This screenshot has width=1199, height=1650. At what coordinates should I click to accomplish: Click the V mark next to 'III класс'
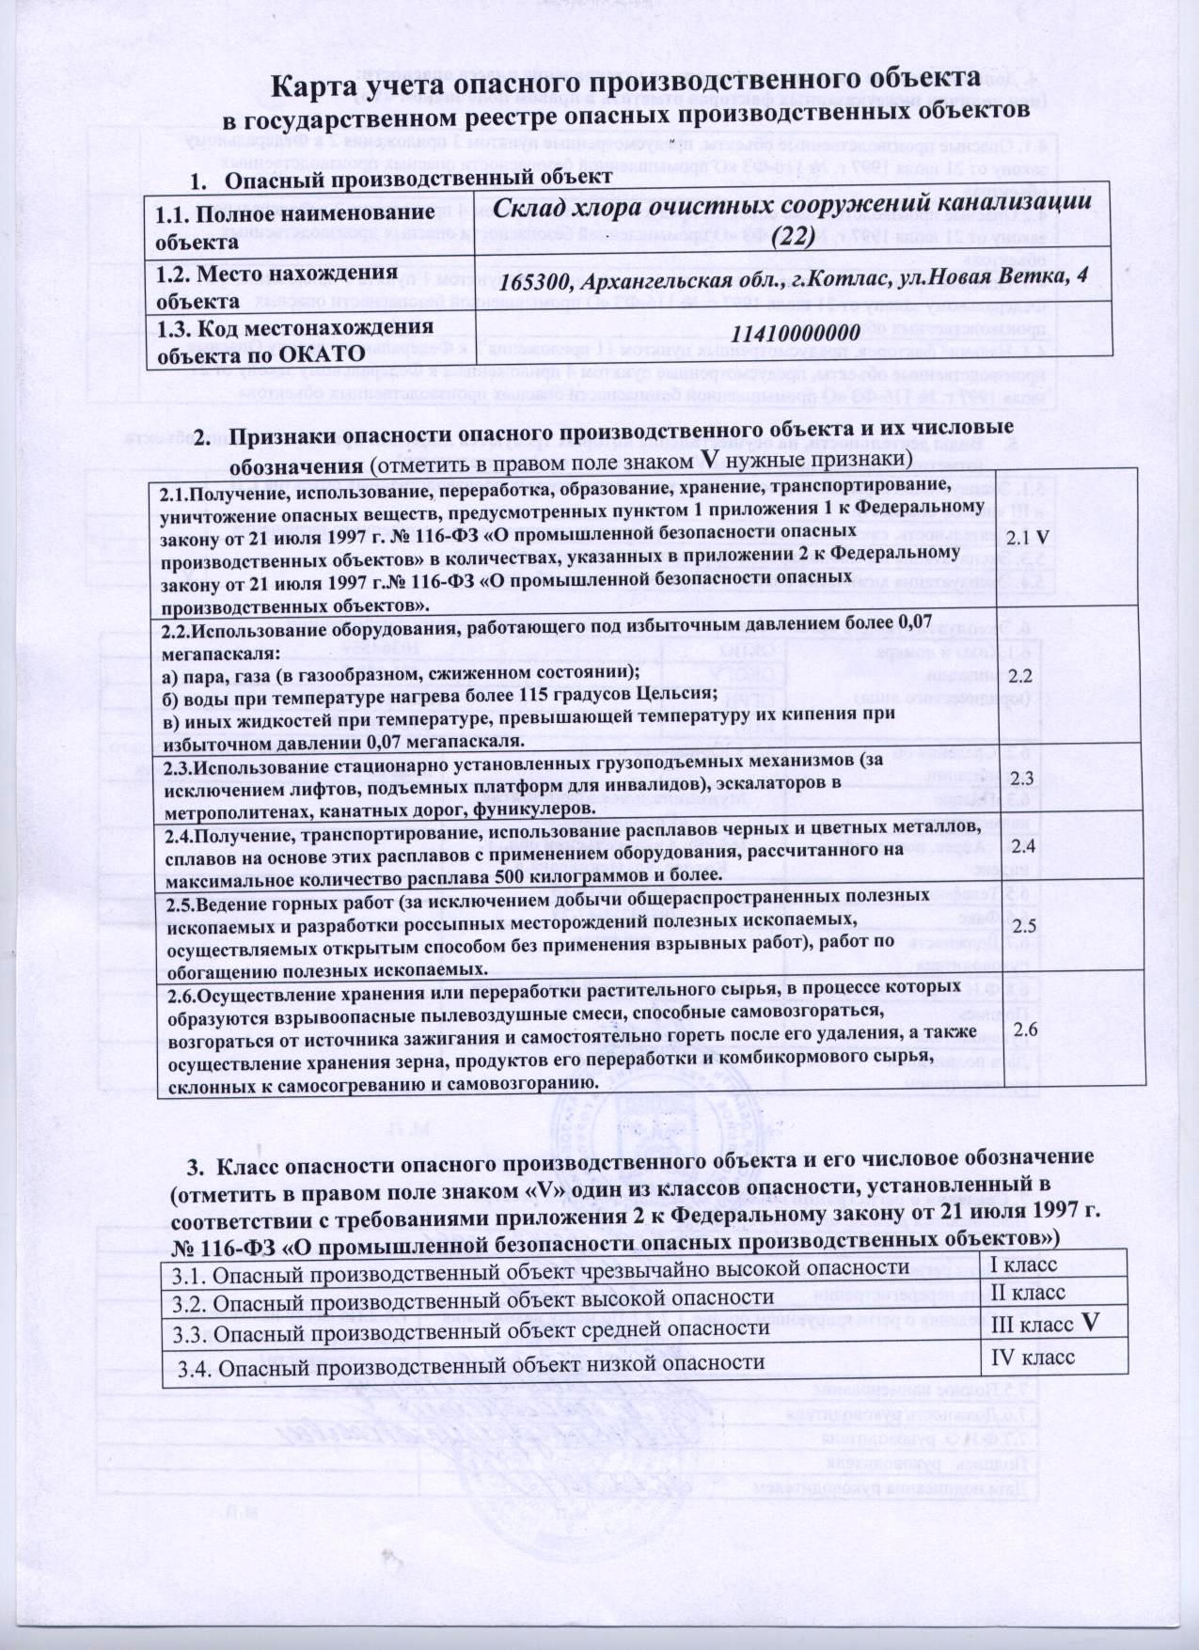[x=1090, y=1324]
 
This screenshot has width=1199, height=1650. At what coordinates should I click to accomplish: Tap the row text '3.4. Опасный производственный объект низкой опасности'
[x=469, y=1362]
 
